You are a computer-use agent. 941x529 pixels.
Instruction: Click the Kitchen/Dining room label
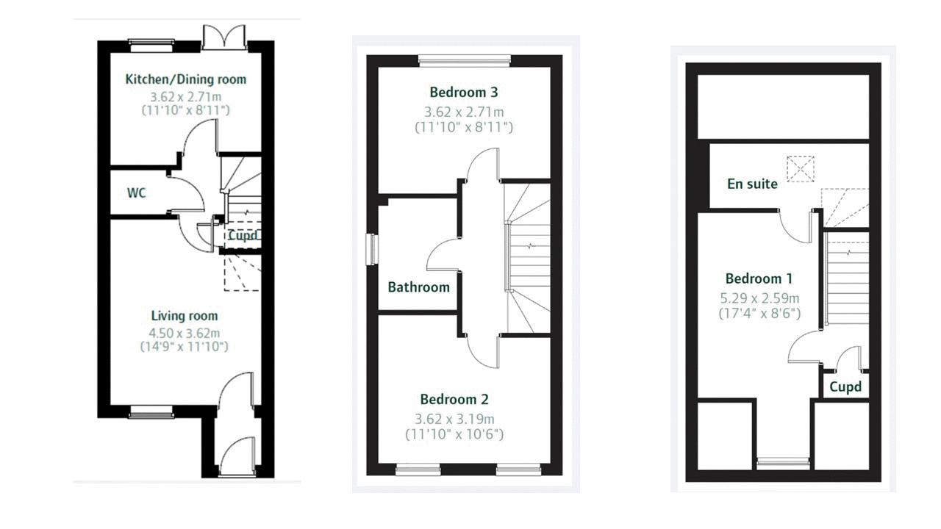186,79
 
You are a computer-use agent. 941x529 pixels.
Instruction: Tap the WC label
137,193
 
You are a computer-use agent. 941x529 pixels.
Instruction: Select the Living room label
185,316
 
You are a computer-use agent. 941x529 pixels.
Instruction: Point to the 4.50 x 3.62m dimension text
185,334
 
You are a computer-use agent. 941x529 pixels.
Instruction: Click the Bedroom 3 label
464,92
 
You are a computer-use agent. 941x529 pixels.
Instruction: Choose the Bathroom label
419,287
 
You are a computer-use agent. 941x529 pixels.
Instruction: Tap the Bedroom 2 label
454,399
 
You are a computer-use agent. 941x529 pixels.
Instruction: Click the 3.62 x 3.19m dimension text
454,419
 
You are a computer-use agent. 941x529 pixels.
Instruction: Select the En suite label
752,184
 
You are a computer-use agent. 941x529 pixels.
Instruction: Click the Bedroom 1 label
759,278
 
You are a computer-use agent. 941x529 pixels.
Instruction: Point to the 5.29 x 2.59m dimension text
759,298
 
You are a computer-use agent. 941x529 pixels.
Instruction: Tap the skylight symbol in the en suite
801,169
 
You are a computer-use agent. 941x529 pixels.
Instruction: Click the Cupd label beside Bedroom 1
845,386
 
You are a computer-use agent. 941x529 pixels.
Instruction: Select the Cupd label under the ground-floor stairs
243,236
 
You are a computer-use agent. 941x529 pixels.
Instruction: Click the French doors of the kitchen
224,37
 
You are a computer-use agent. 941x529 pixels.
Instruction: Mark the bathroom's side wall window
372,249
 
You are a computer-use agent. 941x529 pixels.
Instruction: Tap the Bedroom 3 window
465,61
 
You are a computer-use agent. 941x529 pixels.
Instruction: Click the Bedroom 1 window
783,464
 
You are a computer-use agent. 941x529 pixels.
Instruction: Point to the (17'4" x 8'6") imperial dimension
759,314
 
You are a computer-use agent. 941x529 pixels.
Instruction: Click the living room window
151,412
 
